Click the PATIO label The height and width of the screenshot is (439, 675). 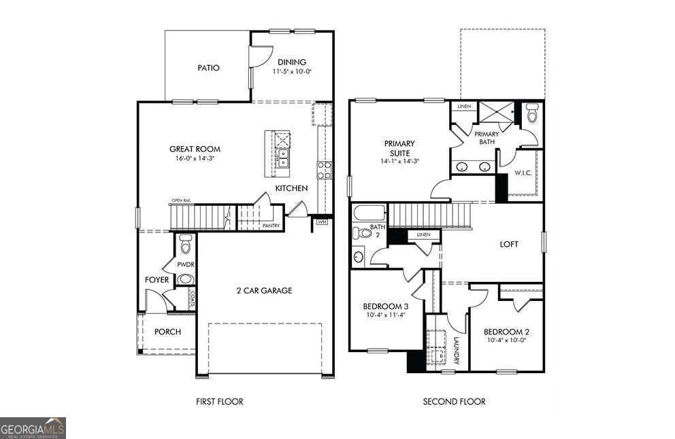click(x=208, y=68)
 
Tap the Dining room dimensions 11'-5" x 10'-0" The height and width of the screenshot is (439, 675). click(x=293, y=71)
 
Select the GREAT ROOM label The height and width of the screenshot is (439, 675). click(x=195, y=149)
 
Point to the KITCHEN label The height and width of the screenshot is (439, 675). click(x=291, y=188)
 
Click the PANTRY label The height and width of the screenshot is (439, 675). click(x=271, y=226)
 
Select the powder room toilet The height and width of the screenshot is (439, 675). click(x=185, y=243)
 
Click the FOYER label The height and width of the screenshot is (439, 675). click(x=157, y=279)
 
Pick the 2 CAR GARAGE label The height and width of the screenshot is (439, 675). click(x=264, y=290)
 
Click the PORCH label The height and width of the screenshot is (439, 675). click(x=167, y=332)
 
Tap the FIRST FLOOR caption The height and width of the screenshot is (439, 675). click(x=219, y=402)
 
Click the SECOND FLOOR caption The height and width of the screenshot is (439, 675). click(x=455, y=402)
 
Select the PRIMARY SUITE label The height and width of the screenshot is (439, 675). click(x=399, y=148)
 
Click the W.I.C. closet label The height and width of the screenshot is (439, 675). click(x=523, y=173)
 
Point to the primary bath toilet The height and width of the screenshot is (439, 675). click(x=532, y=115)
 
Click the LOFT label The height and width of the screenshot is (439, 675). click(x=509, y=244)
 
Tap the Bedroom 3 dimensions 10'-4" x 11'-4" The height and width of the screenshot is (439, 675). click(x=386, y=315)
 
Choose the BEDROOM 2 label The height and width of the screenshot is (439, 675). click(x=506, y=332)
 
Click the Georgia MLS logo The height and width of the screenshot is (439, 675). click(x=33, y=428)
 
